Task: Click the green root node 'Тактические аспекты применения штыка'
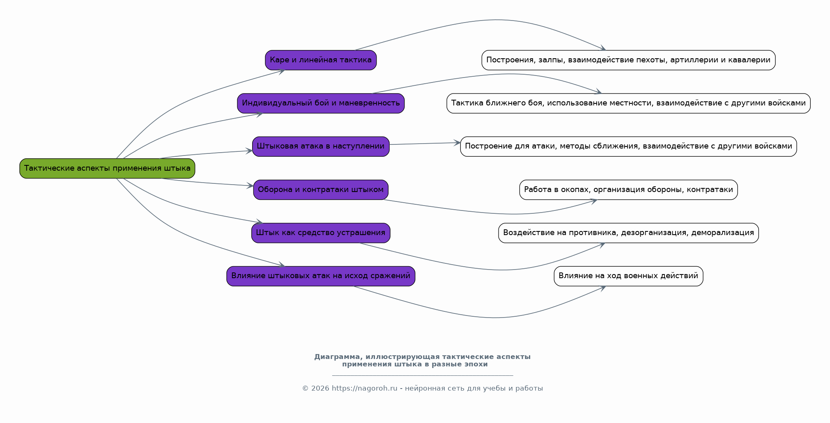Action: [107, 168]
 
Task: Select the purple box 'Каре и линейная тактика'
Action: [321, 60]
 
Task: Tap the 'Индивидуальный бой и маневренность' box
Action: [321, 103]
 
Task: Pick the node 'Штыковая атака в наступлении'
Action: [321, 146]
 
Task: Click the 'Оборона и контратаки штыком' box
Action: [321, 190]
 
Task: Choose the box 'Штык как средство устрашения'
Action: [321, 233]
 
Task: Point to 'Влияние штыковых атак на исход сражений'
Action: [321, 276]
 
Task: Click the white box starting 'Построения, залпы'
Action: [628, 60]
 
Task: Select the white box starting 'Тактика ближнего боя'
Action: [628, 103]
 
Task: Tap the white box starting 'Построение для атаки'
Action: [628, 146]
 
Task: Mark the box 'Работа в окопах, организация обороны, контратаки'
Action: [628, 190]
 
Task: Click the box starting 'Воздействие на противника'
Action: [628, 233]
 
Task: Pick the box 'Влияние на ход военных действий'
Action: [628, 276]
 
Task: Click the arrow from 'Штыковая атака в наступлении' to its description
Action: [425, 144]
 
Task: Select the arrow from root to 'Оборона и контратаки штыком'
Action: [207, 183]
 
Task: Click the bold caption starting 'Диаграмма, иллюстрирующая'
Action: [422, 360]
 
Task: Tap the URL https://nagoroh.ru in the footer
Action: [364, 388]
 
